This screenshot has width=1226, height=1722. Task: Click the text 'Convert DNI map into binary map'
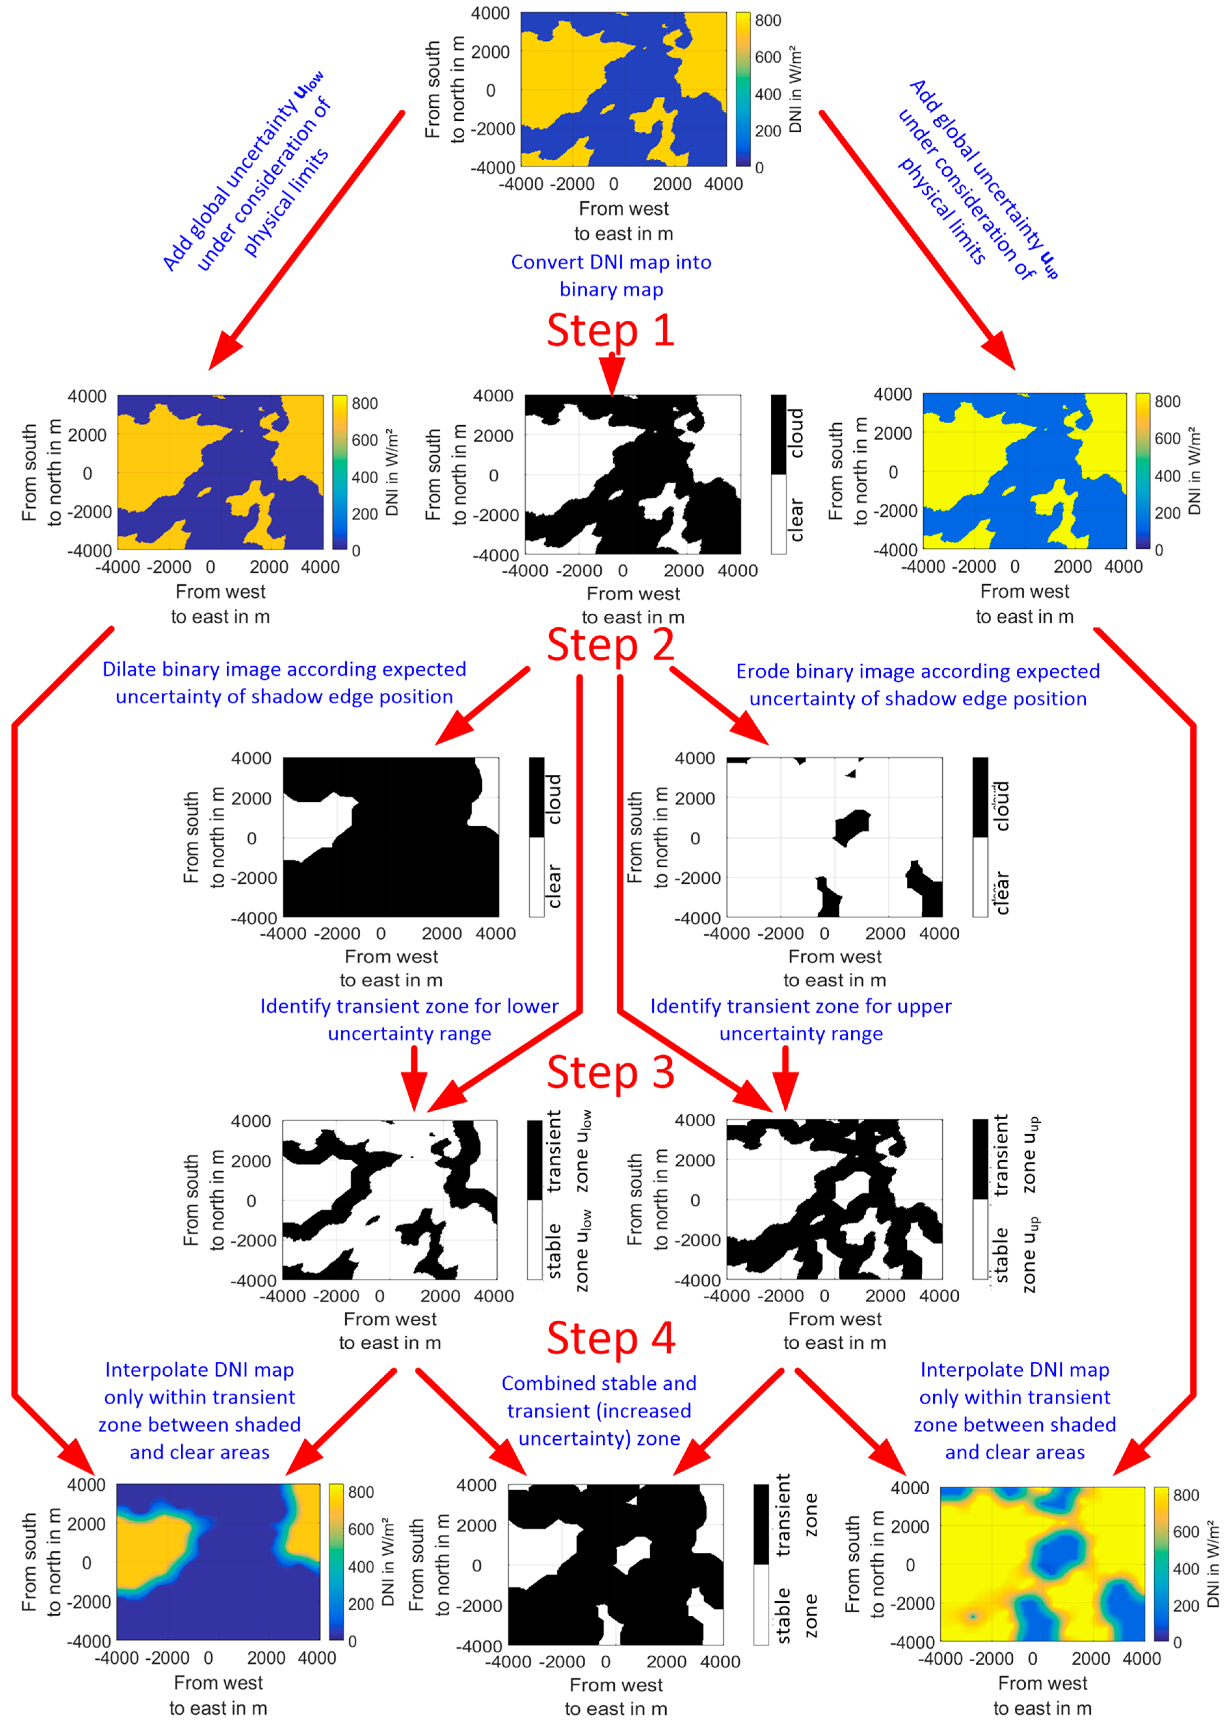click(x=611, y=276)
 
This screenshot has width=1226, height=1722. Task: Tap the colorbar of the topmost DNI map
click(x=743, y=89)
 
